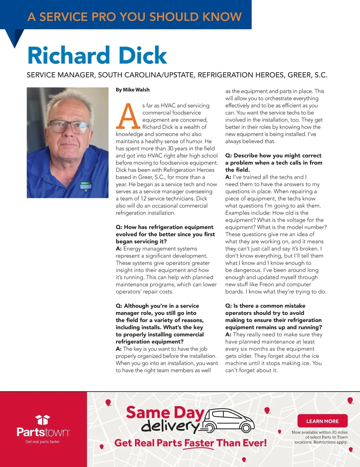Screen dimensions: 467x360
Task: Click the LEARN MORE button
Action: tap(322, 421)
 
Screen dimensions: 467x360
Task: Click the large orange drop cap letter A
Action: tap(128, 116)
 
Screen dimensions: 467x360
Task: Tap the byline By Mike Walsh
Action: tap(133, 90)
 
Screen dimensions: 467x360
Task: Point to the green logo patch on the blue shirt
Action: tap(86, 186)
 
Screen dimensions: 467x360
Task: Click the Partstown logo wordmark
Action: tap(43, 432)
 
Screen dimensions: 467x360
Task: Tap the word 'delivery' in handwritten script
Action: tap(170, 426)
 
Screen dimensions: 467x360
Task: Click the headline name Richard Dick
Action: tap(97, 55)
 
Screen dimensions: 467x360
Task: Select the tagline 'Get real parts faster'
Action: tap(42, 442)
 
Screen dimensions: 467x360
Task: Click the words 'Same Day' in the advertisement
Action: tap(165, 412)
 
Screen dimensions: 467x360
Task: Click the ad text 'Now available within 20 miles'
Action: tap(319, 432)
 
